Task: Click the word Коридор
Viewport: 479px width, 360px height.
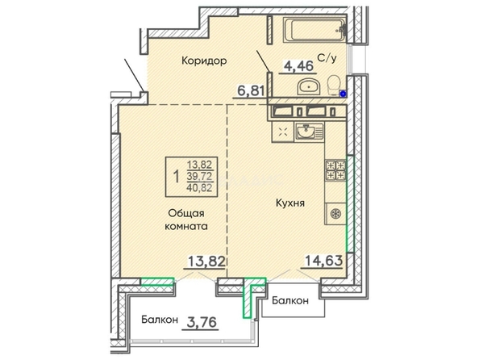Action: (x=204, y=61)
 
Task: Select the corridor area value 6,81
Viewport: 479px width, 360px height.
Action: (x=251, y=91)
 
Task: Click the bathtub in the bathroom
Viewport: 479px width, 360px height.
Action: (x=314, y=30)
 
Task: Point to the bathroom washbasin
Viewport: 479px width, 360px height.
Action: (x=309, y=86)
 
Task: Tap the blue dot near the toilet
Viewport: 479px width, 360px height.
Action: (x=344, y=94)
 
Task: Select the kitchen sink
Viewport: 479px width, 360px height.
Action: (x=309, y=132)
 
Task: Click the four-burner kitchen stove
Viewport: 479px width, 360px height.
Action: (x=336, y=170)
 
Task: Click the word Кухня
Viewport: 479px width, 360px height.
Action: (x=290, y=203)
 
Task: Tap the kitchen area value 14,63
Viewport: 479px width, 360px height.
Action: (x=323, y=261)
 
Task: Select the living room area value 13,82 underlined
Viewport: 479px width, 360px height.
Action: (x=206, y=262)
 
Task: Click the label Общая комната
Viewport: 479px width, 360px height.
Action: (x=186, y=220)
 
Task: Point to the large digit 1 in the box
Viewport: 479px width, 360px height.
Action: (x=176, y=177)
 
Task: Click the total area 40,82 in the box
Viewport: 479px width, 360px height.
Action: (x=199, y=187)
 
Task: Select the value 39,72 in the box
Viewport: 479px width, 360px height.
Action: (x=199, y=176)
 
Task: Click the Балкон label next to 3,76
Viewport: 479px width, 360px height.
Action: (x=160, y=320)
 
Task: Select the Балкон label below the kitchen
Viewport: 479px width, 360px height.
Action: (x=290, y=301)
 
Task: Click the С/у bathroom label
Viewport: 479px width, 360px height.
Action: (x=327, y=58)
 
